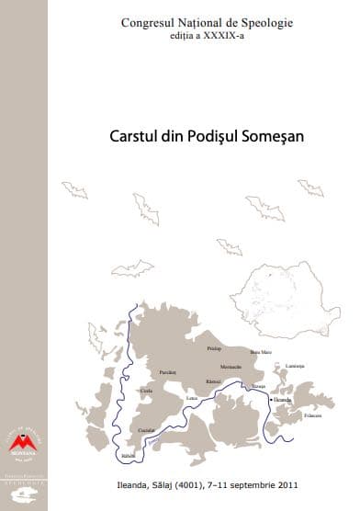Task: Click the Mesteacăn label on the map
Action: pyautogui.click(x=219, y=366)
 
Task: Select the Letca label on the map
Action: pyautogui.click(x=192, y=397)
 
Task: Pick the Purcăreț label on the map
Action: pyautogui.click(x=167, y=372)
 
